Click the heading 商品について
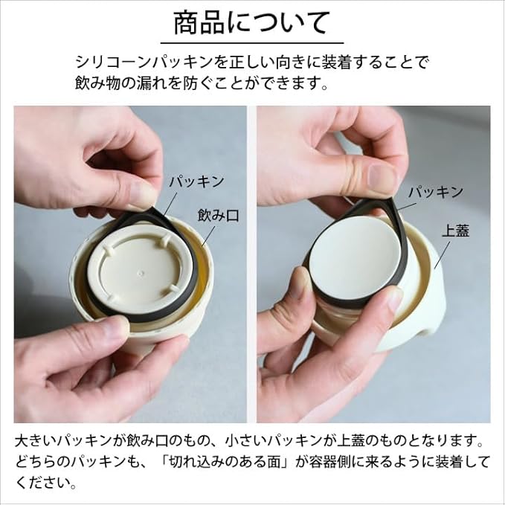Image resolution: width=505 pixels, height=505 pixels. (x=252, y=23)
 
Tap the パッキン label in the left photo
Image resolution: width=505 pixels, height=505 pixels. (x=196, y=182)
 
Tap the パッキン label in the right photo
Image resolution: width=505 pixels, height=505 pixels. (x=436, y=193)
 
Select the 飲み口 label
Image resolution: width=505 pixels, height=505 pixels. (x=218, y=216)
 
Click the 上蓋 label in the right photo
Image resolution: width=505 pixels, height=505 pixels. (x=456, y=231)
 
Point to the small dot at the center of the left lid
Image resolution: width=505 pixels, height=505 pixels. (x=140, y=273)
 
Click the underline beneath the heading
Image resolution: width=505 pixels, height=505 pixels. (x=252, y=43)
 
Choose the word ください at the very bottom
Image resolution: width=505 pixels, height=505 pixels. (x=42, y=483)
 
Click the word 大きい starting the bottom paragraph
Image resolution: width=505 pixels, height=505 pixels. (x=36, y=441)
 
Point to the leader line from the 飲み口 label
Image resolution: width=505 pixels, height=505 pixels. (x=209, y=236)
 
